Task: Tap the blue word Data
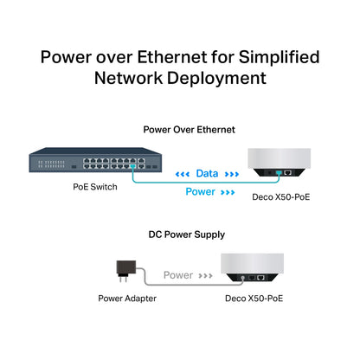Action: tap(207, 172)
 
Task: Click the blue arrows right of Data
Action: tap(234, 173)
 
